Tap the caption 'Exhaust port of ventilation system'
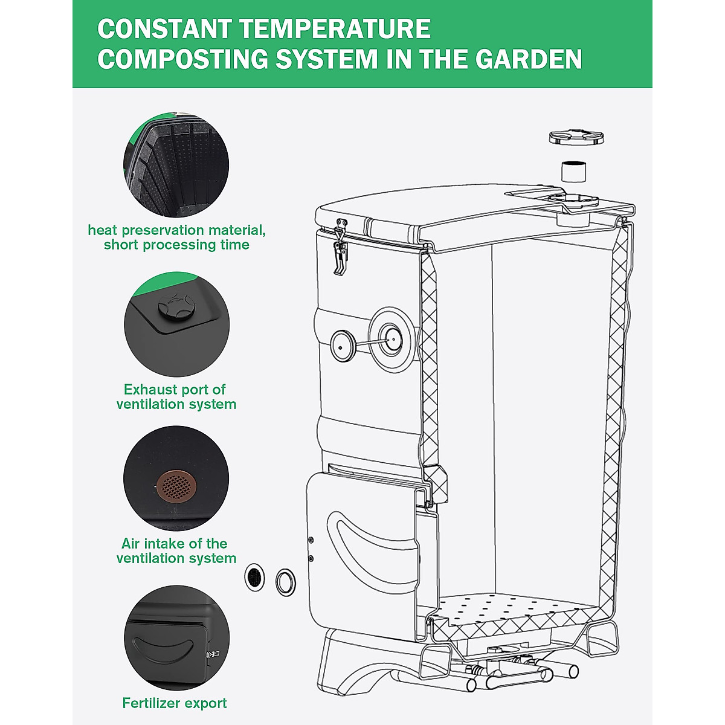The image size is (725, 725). pyautogui.click(x=176, y=396)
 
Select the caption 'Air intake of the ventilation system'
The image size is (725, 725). pyautogui.click(x=176, y=550)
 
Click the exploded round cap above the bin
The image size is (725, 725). pyautogui.click(x=576, y=137)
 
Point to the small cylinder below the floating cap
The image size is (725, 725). pyautogui.click(x=573, y=172)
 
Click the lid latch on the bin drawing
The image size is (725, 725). pyautogui.click(x=341, y=252)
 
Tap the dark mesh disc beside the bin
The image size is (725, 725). pyautogui.click(x=254, y=578)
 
